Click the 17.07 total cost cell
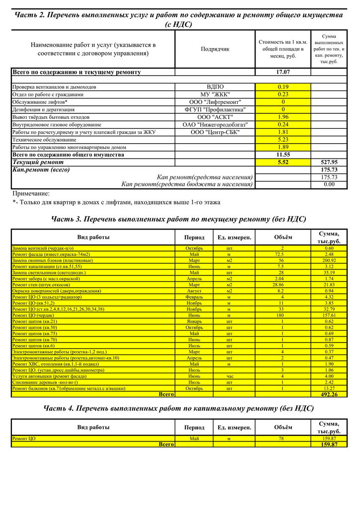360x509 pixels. click(283, 72)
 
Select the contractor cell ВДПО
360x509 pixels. click(215, 87)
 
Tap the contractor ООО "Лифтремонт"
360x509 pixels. click(215, 102)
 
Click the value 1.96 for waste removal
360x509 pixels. click(283, 117)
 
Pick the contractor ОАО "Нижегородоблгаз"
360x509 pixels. click(215, 124)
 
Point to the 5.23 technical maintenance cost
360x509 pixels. click(283, 140)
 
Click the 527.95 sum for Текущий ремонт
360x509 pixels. click(329, 162)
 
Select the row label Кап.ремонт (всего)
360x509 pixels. click(41, 170)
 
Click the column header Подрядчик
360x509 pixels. click(215, 49)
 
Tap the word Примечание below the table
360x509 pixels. click(31, 193)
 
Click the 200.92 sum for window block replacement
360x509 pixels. click(329, 260)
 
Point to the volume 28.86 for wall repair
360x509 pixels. click(282, 284)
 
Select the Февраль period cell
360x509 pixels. click(194, 297)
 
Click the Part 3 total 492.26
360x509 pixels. click(329, 394)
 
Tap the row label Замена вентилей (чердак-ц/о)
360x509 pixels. click(43, 248)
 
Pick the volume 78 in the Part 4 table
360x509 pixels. click(282, 438)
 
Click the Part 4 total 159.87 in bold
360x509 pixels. click(329, 444)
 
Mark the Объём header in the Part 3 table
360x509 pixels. click(283, 237)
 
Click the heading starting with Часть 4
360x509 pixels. click(179, 408)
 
